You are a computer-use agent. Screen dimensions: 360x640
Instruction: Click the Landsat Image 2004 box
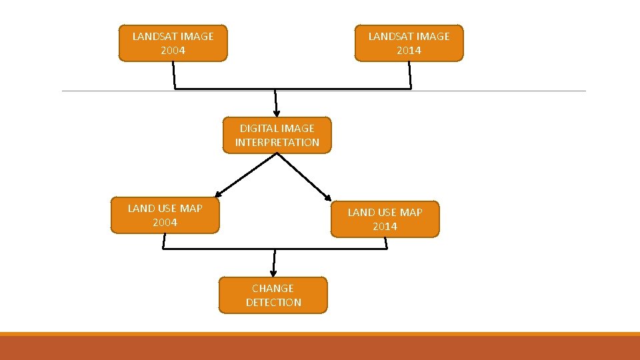pos(173,43)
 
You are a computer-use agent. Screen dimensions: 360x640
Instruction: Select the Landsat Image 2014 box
pos(409,43)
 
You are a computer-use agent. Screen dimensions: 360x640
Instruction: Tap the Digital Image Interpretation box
pos(277,135)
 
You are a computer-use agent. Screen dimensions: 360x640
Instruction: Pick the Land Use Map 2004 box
pos(165,215)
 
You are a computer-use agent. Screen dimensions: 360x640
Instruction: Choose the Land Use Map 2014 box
pos(385,219)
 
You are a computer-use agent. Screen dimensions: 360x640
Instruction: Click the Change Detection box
pos(273,295)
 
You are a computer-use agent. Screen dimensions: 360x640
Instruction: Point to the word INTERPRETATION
pos(277,143)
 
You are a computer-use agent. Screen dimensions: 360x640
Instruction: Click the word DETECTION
pos(273,303)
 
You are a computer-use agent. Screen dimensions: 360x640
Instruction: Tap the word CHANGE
pos(273,289)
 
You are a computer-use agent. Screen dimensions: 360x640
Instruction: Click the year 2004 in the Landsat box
pos(173,51)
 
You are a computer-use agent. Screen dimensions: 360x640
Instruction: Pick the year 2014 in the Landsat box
pos(409,51)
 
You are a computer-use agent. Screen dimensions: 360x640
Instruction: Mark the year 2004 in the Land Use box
pos(165,223)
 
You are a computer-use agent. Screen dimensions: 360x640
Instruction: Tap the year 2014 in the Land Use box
pos(385,227)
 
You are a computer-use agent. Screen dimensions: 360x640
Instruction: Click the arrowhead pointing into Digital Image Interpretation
pos(276,113)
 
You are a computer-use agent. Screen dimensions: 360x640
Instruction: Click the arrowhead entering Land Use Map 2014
pos(327,197)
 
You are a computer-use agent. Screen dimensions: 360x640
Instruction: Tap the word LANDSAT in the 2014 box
pos(391,37)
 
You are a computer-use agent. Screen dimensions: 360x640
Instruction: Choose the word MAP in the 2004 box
pos(191,209)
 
